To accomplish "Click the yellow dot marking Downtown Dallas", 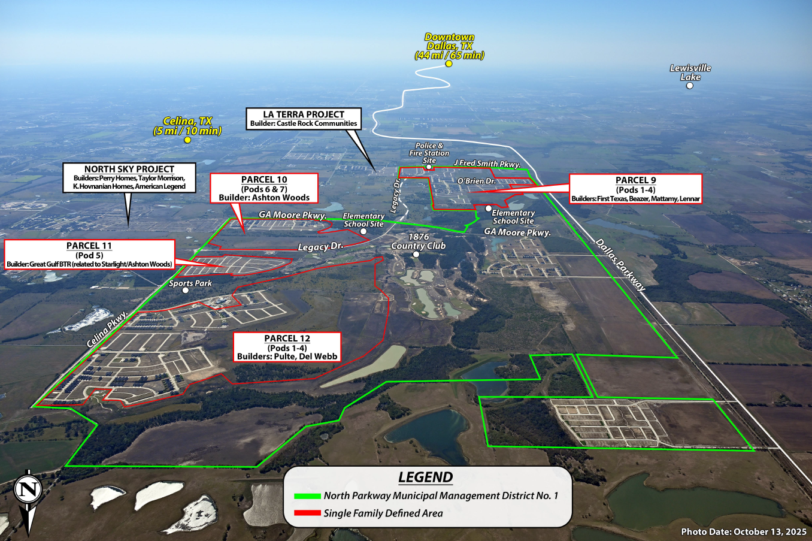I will (x=449, y=64).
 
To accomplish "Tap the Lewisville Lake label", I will (x=690, y=72).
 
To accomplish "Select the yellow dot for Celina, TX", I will (x=187, y=140).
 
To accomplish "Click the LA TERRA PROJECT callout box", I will (x=304, y=118).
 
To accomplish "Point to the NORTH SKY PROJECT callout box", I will (x=129, y=177).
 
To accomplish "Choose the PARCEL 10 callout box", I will (x=264, y=188).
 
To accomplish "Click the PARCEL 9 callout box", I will (x=635, y=189).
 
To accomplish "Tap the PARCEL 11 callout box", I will (x=89, y=255).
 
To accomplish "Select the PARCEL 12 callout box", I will (x=287, y=347).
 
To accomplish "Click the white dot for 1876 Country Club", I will (x=416, y=254).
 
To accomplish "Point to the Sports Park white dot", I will (x=186, y=290).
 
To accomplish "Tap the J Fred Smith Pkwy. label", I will (x=487, y=163).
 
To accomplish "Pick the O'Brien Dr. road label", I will (x=477, y=181).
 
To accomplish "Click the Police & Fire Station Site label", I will (x=429, y=153).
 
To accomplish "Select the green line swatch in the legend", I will (x=307, y=496).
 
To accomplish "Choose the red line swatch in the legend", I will (x=307, y=513).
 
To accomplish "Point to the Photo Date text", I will (x=744, y=531).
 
